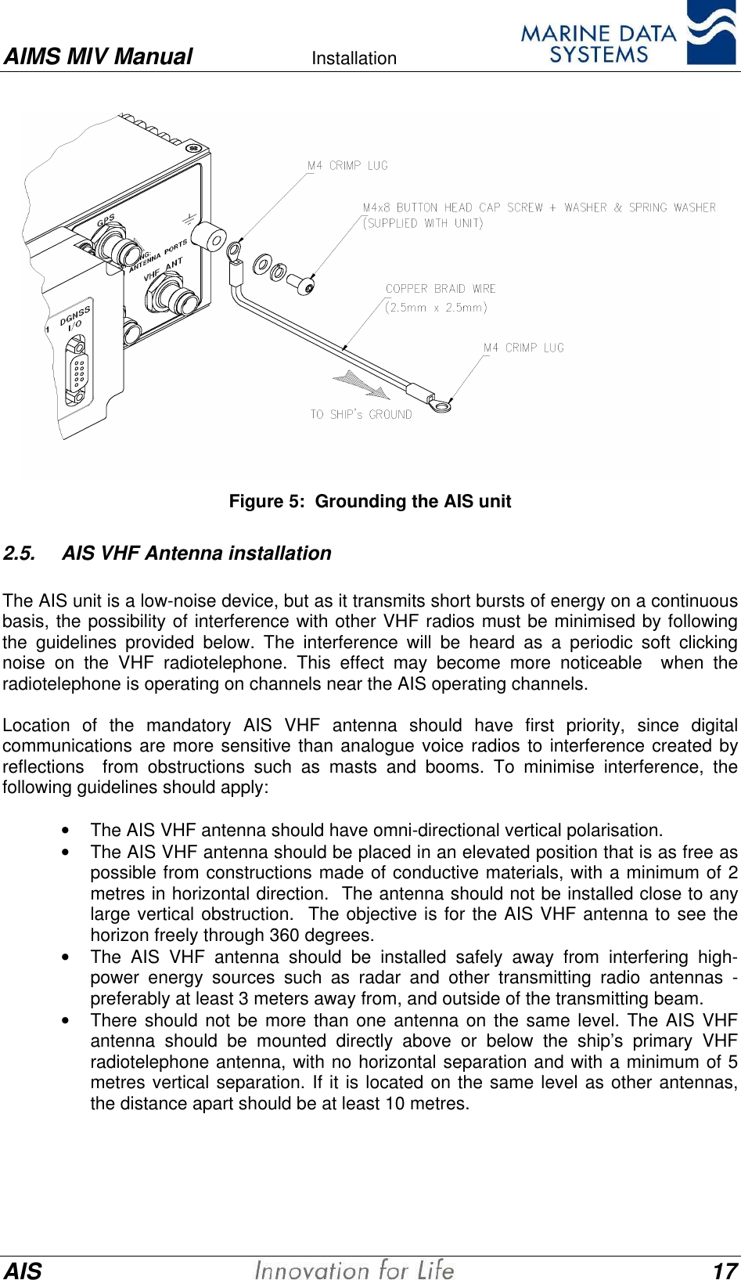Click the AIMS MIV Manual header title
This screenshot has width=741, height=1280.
pyautogui.click(x=98, y=56)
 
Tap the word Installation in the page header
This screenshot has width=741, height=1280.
pyautogui.click(x=354, y=58)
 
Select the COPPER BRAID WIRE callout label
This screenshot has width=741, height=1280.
pyautogui.click(x=441, y=289)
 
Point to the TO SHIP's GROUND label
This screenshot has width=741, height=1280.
pyautogui.click(x=361, y=414)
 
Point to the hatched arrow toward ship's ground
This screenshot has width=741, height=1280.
pyautogui.click(x=362, y=384)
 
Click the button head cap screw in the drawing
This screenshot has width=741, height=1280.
pyautogui.click(x=300, y=283)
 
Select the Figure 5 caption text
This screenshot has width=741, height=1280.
pyautogui.click(x=369, y=501)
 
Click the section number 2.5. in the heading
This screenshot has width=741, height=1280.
pyautogui.click(x=19, y=553)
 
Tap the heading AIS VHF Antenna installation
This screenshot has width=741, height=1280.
pyautogui.click(x=196, y=553)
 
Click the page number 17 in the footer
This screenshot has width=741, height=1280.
pyautogui.click(x=725, y=1270)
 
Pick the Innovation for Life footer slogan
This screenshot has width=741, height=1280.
pyautogui.click(x=354, y=1269)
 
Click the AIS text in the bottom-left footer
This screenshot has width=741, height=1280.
pyautogui.click(x=23, y=1270)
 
